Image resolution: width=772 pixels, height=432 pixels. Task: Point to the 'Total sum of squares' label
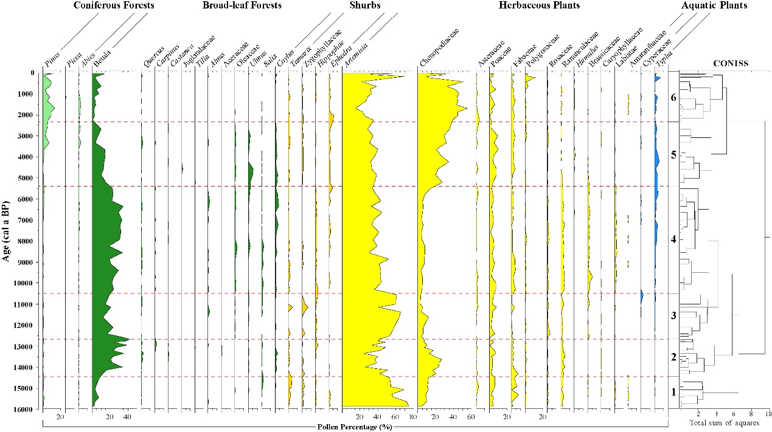724,423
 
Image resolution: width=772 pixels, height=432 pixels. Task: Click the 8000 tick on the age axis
26,241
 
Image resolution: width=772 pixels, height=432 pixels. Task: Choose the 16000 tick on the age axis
24,410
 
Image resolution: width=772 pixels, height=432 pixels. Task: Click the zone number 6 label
673,98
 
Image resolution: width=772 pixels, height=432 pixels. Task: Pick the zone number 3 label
673,316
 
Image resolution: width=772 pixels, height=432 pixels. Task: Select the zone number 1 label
673,392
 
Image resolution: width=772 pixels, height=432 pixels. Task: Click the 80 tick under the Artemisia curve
412,417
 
